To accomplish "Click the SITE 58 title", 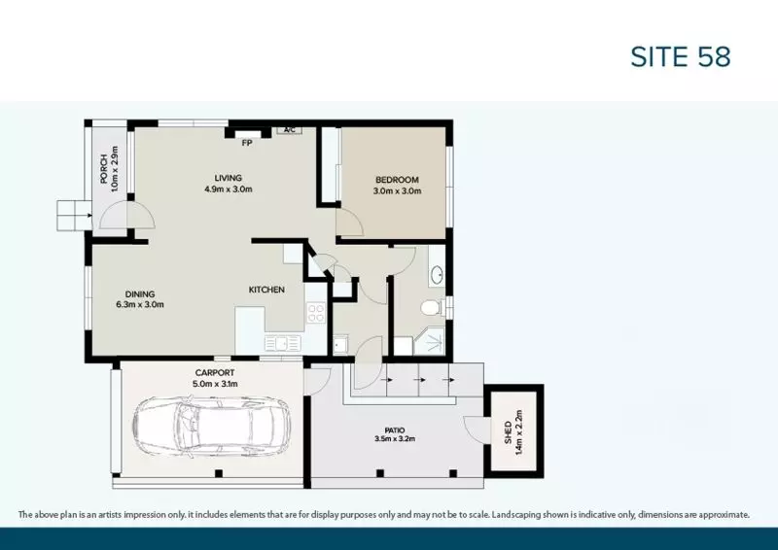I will click(x=681, y=56).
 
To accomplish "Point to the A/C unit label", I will click(x=289, y=129).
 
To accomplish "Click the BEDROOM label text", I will click(x=397, y=180).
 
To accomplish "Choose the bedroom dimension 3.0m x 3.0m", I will click(x=397, y=191).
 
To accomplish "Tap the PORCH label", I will click(x=102, y=169).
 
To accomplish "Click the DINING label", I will click(x=140, y=294).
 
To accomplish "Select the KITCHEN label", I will click(x=266, y=290).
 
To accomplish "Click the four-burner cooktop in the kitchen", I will click(x=315, y=313).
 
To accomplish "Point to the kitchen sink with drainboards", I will click(x=284, y=342).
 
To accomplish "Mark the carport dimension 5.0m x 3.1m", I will click(x=215, y=384).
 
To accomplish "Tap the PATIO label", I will click(x=394, y=430).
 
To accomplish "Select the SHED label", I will click(x=508, y=434).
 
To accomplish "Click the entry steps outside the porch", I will click(x=71, y=213).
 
